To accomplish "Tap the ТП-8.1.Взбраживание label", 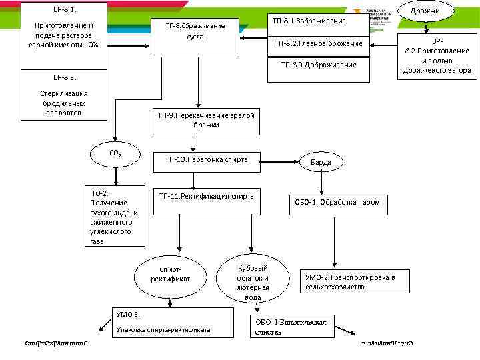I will tap(309, 21).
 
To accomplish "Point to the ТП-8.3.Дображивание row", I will tap(319, 65).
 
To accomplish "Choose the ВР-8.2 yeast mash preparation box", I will tap(437, 56).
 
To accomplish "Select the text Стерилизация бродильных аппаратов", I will tap(65, 103).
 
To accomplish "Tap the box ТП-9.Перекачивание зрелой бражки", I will tap(206, 120).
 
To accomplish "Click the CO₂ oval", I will tap(115, 154).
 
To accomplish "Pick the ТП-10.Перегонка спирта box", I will tap(206, 161).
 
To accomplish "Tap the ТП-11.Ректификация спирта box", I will tap(206, 197).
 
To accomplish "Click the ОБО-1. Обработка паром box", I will tap(338, 202).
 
